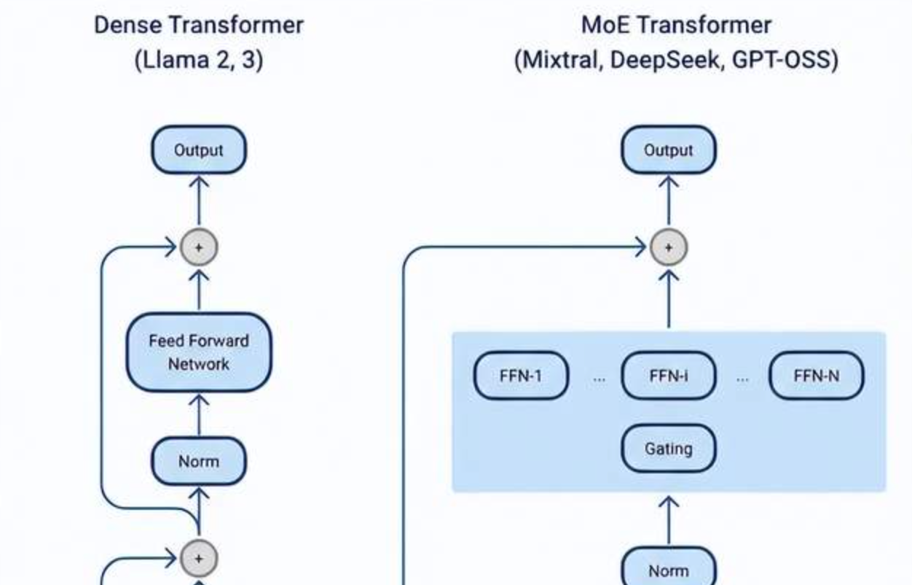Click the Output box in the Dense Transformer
tap(199, 150)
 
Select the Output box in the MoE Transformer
tap(668, 150)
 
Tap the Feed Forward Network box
tap(199, 352)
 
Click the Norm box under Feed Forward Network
tap(199, 461)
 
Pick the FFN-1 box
tap(521, 376)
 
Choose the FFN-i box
tap(668, 376)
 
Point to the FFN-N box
tap(816, 376)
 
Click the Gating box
tap(668, 449)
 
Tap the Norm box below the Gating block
tap(668, 570)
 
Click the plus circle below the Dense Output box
tap(199, 247)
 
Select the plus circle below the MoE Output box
tap(668, 247)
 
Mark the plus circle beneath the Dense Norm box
tap(199, 559)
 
